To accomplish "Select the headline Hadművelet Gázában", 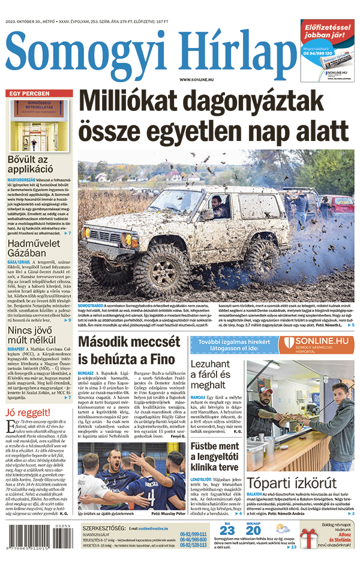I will (x=36, y=251).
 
